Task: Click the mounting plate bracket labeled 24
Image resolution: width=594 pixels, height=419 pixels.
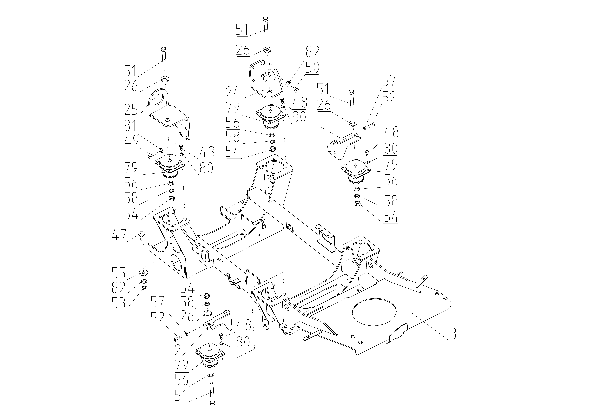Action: tap(264, 80)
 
